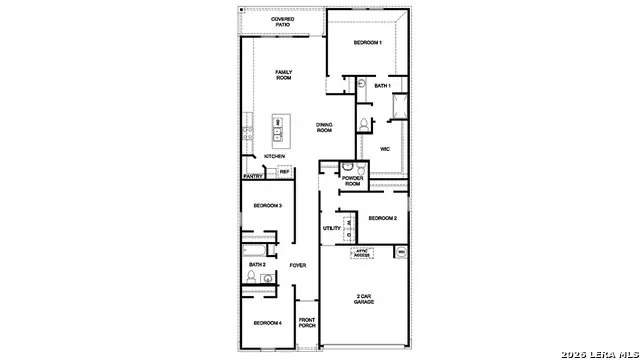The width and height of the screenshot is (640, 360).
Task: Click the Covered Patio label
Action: (283, 22)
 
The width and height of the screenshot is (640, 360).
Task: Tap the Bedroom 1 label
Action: (367, 43)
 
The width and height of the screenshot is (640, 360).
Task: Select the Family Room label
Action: (290, 75)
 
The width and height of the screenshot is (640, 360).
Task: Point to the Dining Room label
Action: (324, 127)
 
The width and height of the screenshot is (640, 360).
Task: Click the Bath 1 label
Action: (382, 86)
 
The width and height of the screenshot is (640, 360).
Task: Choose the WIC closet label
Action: (383, 149)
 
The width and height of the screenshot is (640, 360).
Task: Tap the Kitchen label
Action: (275, 157)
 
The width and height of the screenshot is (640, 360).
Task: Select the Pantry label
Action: (253, 176)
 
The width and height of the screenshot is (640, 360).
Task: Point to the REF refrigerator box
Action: (284, 172)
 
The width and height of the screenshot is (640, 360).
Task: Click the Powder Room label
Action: (352, 181)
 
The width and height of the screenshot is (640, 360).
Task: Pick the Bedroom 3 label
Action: (267, 205)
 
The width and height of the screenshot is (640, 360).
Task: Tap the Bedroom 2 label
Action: (383, 218)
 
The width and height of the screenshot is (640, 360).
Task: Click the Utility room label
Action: (332, 228)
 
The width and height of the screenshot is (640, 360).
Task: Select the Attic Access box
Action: (362, 253)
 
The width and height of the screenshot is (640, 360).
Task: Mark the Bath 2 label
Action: (257, 264)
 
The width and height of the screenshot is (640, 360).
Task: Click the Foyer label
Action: (298, 265)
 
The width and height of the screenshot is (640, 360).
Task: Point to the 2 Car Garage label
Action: (363, 299)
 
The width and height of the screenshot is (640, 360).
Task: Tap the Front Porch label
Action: (307, 323)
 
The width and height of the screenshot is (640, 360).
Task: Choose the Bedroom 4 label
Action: (267, 323)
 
